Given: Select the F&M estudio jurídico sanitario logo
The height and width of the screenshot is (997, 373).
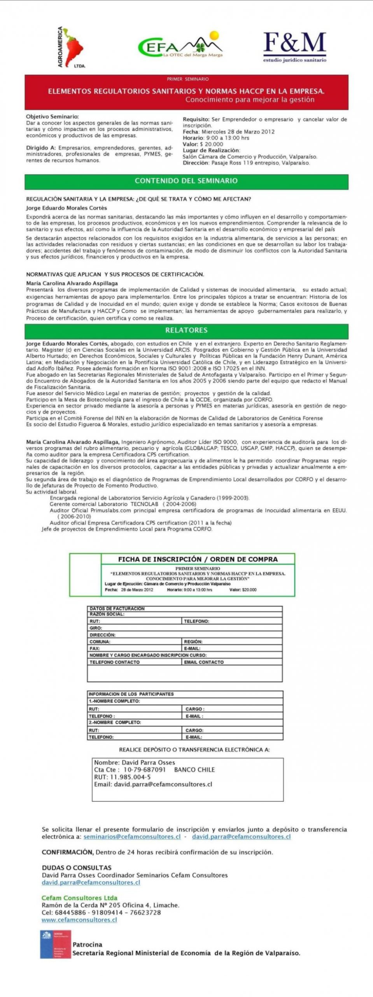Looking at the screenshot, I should (294, 47).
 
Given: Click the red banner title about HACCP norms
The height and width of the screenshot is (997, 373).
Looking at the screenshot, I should (186, 92).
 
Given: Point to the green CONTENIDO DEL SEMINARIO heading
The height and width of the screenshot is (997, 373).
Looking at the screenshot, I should (186, 181).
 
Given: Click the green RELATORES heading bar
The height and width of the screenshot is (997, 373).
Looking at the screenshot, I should (186, 330).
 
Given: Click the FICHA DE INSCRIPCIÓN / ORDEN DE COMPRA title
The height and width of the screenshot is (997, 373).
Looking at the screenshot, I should (198, 559).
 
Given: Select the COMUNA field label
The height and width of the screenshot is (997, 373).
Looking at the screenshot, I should (100, 641).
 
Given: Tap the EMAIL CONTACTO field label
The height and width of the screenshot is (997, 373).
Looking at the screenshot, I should (204, 662).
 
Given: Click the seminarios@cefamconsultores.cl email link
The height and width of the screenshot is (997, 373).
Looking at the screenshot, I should (132, 837).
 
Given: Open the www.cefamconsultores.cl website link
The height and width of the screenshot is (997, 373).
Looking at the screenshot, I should (79, 920).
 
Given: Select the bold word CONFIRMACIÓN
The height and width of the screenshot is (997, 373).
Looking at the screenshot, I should (67, 852).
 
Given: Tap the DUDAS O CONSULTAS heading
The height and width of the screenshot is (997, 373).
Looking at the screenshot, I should (76, 868).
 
